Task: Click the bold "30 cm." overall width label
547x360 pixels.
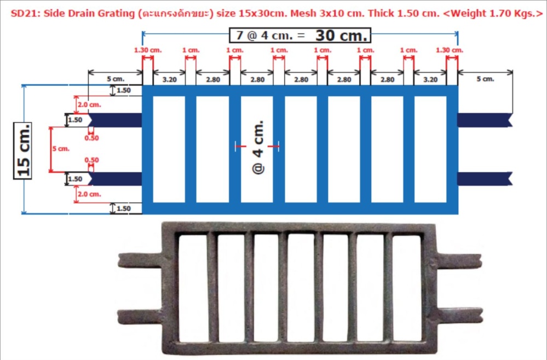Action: (342, 36)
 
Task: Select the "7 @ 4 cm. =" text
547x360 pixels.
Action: (270, 37)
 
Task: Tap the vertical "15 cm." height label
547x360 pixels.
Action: (23, 149)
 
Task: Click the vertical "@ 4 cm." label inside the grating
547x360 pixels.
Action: (258, 147)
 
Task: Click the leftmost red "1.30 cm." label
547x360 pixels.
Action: (148, 50)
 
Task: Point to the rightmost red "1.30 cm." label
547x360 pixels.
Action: (450, 50)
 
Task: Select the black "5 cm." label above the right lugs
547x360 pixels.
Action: (485, 79)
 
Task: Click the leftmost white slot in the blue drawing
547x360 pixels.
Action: (169, 149)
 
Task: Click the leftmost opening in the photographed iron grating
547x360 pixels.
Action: (192, 288)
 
